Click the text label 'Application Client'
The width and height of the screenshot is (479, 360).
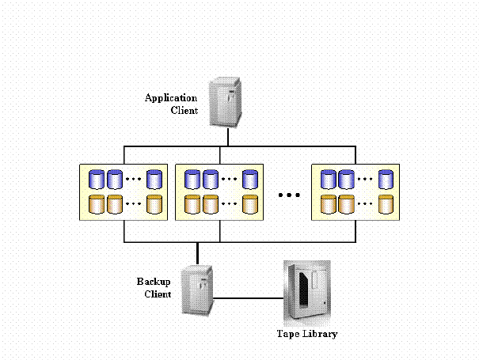pos(170,104)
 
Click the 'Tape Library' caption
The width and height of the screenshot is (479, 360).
pos(306,334)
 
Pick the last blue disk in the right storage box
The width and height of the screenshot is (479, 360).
pos(386,179)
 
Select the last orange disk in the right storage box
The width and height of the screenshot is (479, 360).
pos(386,203)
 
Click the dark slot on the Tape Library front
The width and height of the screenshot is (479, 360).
pos(301,293)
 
